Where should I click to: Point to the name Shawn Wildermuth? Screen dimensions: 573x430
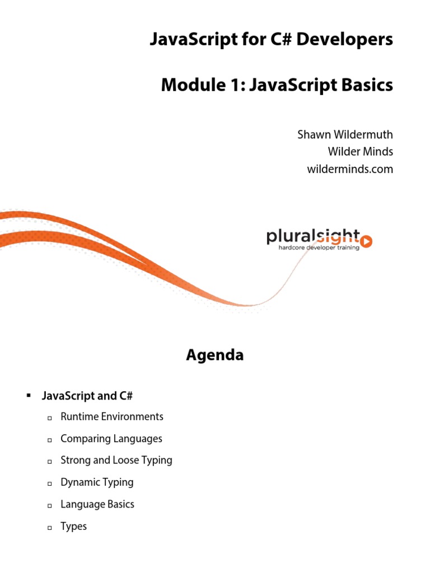pos(345,135)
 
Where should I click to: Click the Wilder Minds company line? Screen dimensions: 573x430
pos(360,152)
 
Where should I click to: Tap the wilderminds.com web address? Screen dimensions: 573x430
pos(350,168)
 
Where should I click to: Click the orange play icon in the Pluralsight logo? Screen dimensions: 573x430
pos(367,241)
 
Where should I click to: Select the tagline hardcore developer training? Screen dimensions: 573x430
pos(320,247)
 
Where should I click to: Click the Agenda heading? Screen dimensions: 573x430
pos(215,355)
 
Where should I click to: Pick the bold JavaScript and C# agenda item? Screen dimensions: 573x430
pos(87,396)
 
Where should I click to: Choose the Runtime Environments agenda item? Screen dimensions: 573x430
pos(112,416)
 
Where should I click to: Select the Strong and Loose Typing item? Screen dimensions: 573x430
pos(116,461)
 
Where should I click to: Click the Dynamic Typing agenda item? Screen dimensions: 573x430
pos(97,482)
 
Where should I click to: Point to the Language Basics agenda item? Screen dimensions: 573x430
pos(97,504)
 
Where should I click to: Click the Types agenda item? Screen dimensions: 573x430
pos(73,527)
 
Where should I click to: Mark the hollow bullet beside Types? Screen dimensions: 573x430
pos(49,528)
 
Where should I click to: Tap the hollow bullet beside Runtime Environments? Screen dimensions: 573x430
pos(49,418)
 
